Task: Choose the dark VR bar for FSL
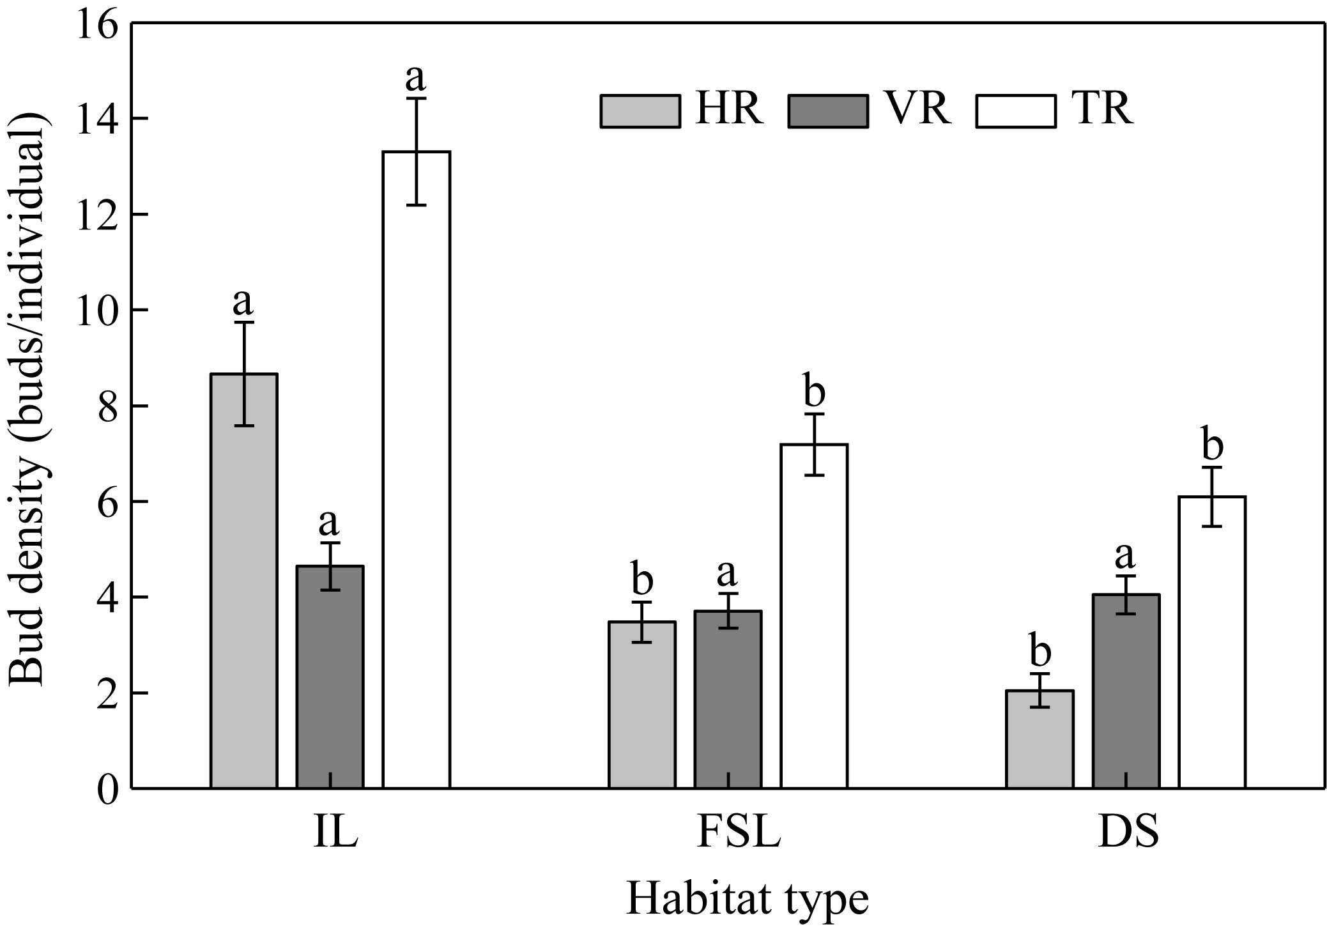pos(728,699)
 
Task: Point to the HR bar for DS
pos(1039,739)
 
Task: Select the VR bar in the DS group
pos(1126,691)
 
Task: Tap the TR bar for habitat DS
pos(1212,641)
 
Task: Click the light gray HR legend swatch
pos(640,112)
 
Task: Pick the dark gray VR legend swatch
pos(828,112)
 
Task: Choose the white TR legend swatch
pos(1016,112)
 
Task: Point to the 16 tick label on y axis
pos(97,26)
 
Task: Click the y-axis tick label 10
pos(97,311)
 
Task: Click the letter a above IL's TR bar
pos(416,78)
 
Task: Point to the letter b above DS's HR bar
pos(1040,652)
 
